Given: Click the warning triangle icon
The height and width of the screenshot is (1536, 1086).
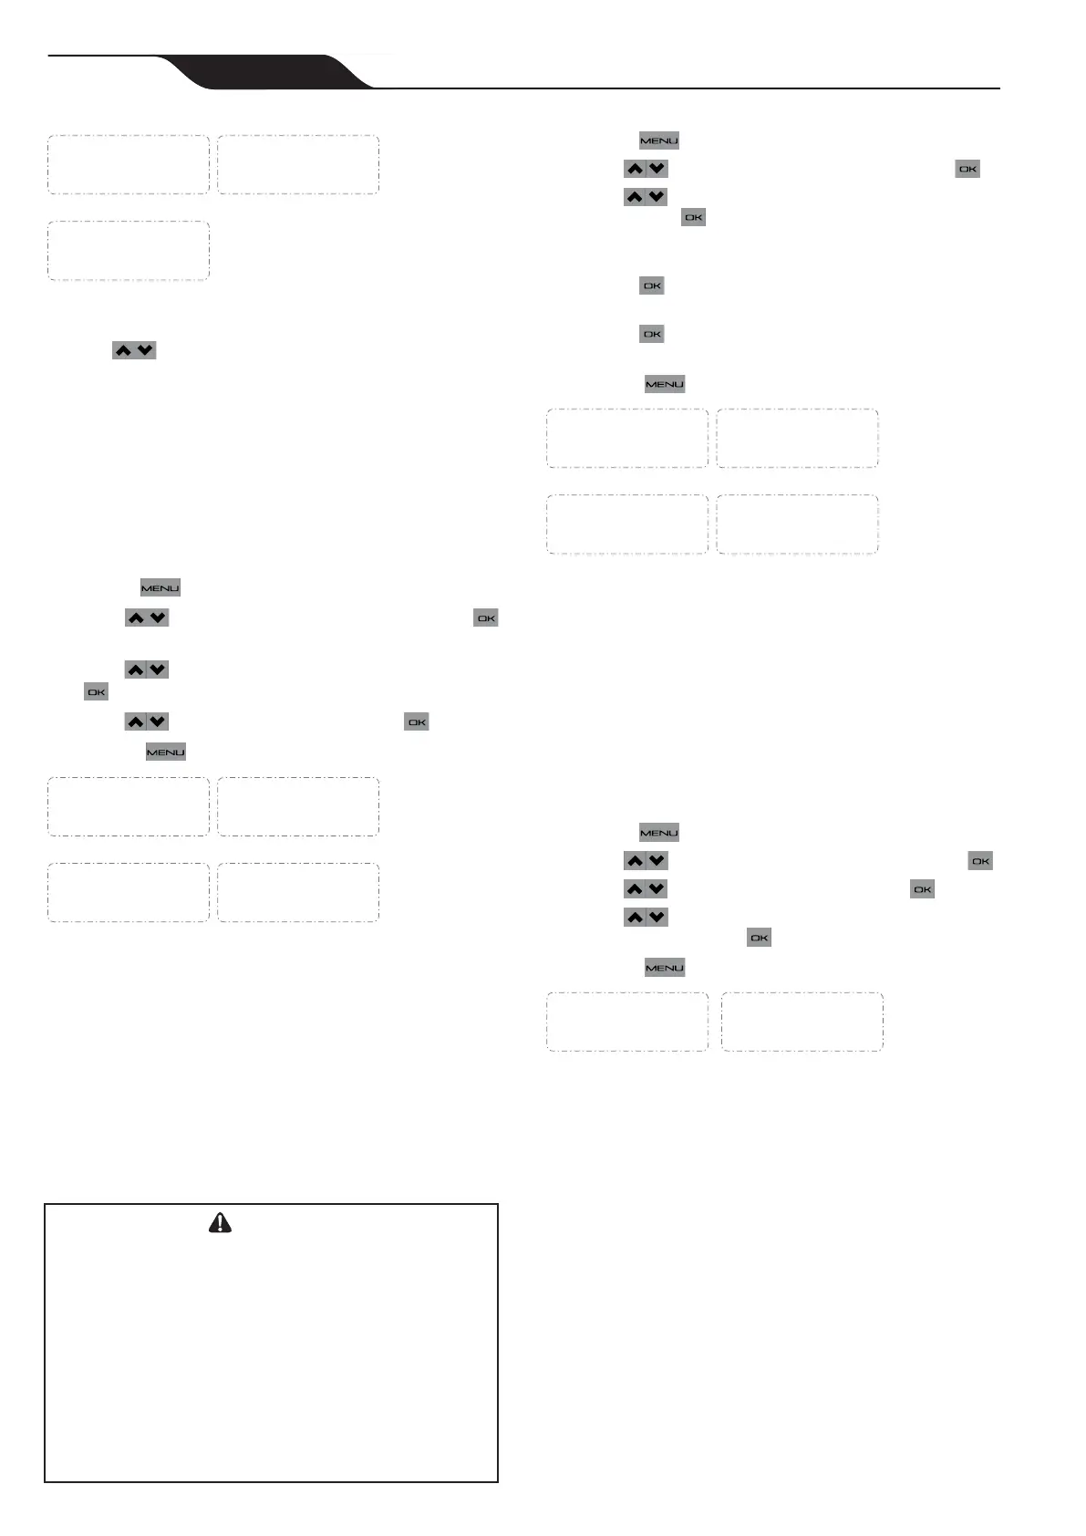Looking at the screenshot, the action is [220, 1223].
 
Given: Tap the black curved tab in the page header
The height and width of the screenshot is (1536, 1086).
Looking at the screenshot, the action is [264, 72].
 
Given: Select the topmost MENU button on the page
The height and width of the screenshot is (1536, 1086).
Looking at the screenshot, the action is [659, 140].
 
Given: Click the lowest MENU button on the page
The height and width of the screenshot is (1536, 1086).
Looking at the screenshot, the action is [665, 968].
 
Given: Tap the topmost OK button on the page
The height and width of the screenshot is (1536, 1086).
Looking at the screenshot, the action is [967, 169].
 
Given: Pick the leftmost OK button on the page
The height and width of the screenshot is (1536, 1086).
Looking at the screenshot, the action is [97, 692].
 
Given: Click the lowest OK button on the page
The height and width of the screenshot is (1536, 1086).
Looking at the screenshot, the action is [759, 938].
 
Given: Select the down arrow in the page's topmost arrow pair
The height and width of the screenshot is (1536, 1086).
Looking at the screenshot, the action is [657, 169].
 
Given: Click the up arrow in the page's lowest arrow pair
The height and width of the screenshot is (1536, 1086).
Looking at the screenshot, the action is [635, 917].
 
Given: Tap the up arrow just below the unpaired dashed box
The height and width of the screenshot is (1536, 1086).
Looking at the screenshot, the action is [123, 350].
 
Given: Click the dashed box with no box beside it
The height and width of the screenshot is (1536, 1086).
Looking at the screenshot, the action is [129, 250].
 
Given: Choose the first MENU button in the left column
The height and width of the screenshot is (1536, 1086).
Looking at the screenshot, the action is [160, 588].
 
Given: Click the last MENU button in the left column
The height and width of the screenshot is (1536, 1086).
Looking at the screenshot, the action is [166, 752].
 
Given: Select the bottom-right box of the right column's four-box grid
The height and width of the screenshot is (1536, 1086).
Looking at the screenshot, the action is [797, 524].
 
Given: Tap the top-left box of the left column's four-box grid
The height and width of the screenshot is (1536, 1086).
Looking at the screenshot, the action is [129, 806].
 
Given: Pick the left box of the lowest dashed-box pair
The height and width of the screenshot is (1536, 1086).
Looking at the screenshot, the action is [627, 1022].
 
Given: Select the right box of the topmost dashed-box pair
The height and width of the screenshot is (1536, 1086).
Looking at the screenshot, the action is [298, 165].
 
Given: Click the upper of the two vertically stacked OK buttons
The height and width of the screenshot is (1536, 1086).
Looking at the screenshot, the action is [652, 285].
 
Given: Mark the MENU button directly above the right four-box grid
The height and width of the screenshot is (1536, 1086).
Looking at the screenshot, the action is [665, 384].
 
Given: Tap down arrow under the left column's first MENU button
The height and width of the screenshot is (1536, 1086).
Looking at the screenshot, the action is [158, 618].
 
